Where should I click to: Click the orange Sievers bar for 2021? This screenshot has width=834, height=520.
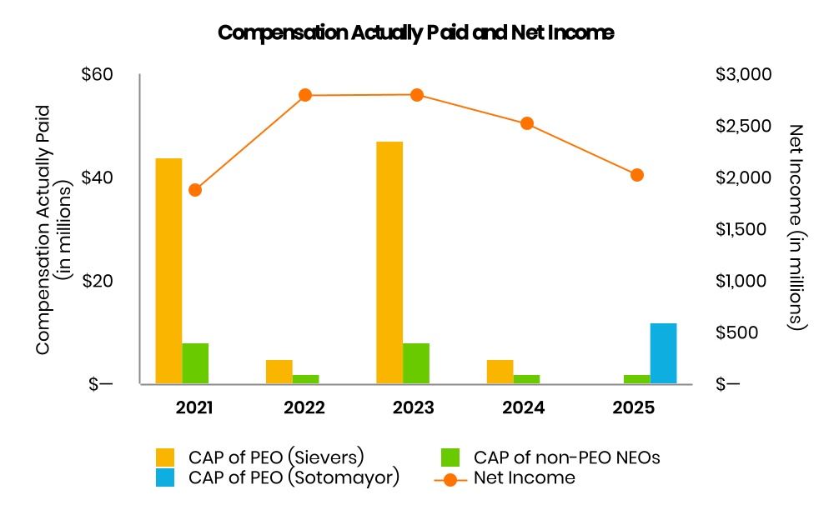pyautogui.click(x=168, y=271)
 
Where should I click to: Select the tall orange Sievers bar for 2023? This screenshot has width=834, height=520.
pyautogui.click(x=389, y=262)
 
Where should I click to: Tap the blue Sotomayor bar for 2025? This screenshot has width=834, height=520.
pyautogui.click(x=663, y=353)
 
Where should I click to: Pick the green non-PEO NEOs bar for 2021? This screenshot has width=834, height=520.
pyautogui.click(x=195, y=363)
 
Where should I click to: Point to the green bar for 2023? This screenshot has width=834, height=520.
pyautogui.click(x=416, y=363)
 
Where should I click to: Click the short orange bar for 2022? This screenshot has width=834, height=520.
pyautogui.click(x=279, y=372)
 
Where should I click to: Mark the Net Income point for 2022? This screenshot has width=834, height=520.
pyautogui.click(x=305, y=95)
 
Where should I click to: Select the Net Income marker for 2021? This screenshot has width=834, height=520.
pyautogui.click(x=195, y=190)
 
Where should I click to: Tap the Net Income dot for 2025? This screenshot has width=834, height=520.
pyautogui.click(x=637, y=175)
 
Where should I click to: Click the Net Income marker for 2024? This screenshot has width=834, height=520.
pyautogui.click(x=527, y=123)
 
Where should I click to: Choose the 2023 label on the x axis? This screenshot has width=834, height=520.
pyautogui.click(x=415, y=408)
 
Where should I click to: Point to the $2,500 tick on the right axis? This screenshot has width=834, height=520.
pyautogui.click(x=744, y=126)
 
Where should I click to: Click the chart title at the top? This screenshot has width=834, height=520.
pyautogui.click(x=415, y=33)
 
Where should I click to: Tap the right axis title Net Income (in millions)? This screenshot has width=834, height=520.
pyautogui.click(x=796, y=227)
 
